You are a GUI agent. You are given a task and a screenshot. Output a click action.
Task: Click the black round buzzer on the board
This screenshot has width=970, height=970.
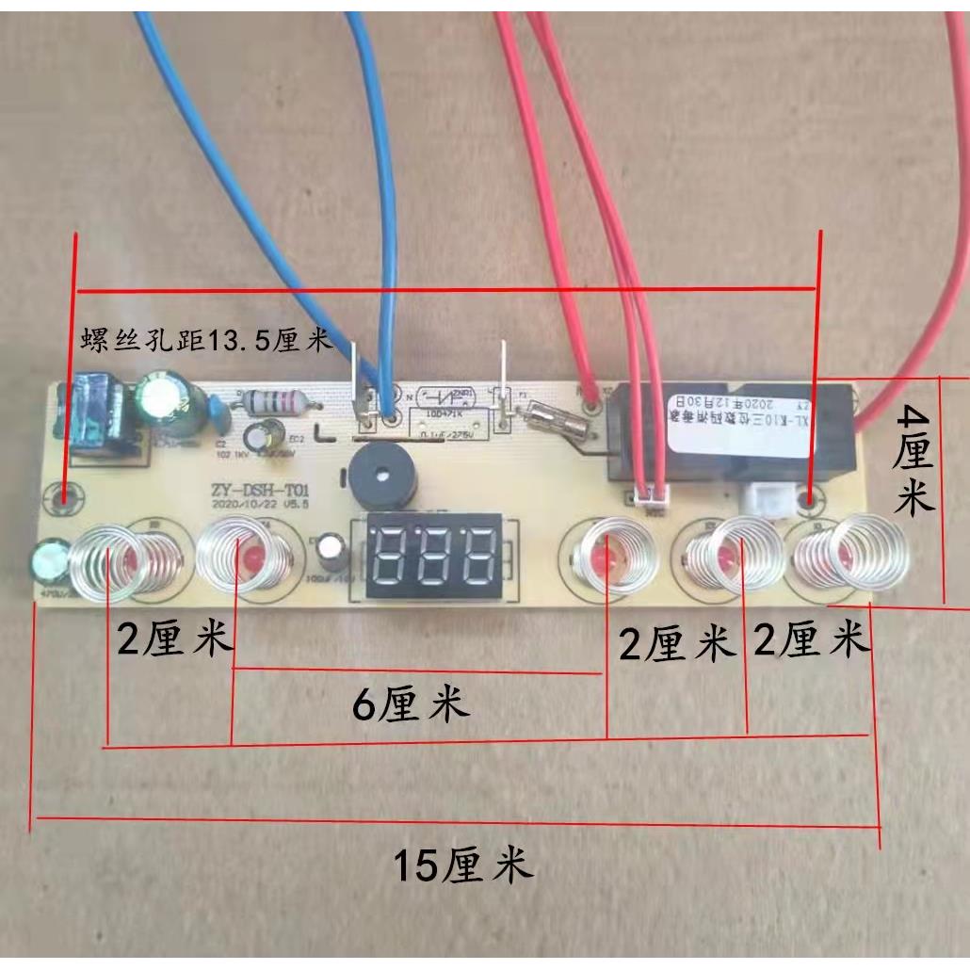(374, 477)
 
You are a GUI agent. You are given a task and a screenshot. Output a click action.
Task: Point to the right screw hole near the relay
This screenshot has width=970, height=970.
(808, 495)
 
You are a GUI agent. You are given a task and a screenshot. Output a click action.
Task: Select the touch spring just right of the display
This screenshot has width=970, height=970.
(602, 557)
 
